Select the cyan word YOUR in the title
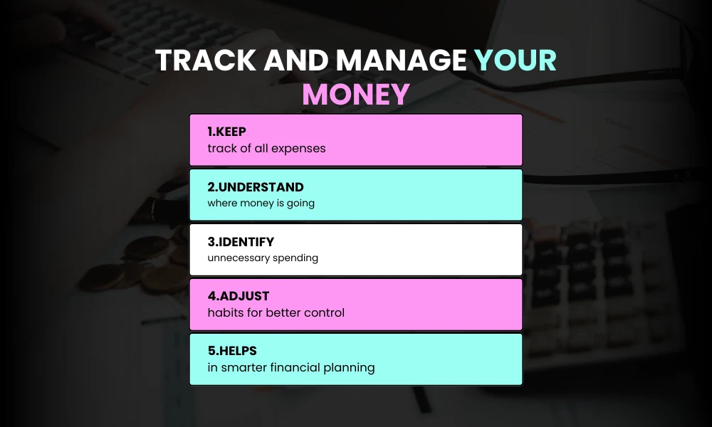click(515, 61)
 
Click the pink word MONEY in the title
click(356, 95)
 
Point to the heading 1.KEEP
click(226, 132)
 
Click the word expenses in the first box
click(299, 149)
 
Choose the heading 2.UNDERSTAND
click(256, 187)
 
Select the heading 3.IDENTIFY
click(241, 242)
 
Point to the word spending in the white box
click(295, 258)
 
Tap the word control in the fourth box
click(323, 313)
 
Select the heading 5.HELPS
click(231, 352)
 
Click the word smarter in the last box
click(245, 368)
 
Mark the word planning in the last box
click(349, 369)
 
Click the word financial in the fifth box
click(296, 368)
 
